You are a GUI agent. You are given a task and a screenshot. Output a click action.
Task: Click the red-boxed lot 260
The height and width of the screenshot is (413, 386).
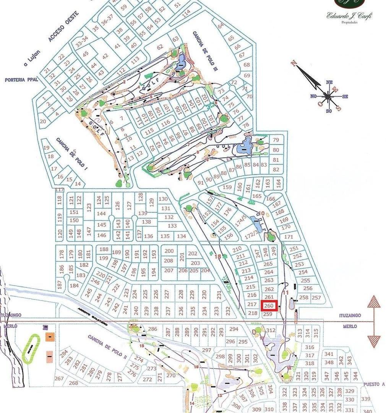(x=269, y=306)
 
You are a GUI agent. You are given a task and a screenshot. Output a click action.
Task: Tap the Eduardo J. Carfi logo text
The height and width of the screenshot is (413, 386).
(x=349, y=16)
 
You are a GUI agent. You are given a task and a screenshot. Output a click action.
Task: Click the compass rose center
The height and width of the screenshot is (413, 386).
(x=328, y=96)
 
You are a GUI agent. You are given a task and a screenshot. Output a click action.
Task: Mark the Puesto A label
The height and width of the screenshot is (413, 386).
(x=374, y=384)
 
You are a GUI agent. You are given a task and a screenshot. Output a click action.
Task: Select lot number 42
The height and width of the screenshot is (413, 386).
(x=105, y=56)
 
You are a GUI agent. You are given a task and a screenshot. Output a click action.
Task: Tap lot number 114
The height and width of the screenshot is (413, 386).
(x=186, y=12)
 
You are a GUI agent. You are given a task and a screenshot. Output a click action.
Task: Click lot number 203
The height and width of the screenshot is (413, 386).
(x=195, y=263)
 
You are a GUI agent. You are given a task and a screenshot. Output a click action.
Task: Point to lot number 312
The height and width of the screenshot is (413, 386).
(x=271, y=330)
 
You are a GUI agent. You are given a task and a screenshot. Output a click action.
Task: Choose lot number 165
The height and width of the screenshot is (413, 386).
(x=257, y=196)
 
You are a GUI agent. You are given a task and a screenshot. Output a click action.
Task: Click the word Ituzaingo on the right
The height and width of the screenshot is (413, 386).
(x=350, y=315)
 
